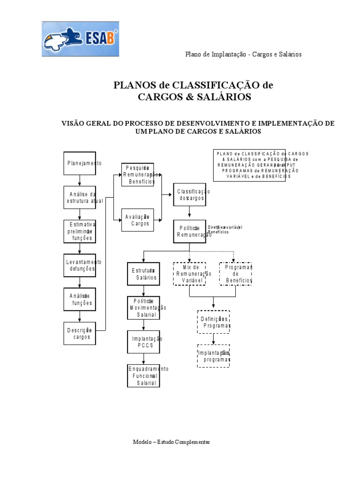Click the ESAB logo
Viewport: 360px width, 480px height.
(x=80, y=39)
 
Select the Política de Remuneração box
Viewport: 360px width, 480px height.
(x=189, y=231)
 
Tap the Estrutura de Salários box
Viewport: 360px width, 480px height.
(x=143, y=274)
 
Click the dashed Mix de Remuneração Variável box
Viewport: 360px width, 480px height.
(x=190, y=274)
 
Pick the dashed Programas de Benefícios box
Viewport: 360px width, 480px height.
(x=235, y=274)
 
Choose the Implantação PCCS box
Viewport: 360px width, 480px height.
(x=143, y=342)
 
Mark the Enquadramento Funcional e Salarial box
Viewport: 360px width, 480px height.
(x=143, y=375)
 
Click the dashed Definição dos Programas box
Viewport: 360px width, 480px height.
(x=213, y=322)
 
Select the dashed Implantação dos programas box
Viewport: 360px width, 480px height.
(x=213, y=356)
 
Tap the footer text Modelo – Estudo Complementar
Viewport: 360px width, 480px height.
(x=171, y=442)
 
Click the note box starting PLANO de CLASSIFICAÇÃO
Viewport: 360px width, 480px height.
(x=256, y=165)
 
